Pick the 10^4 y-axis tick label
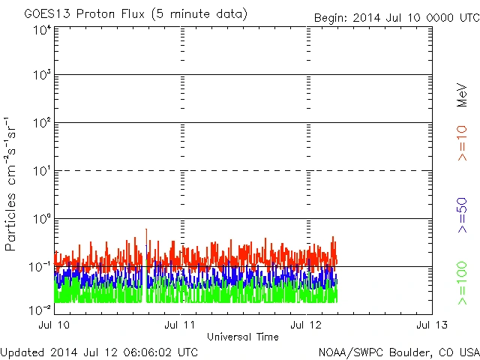pos(41,29)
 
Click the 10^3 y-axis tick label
pos(41,75)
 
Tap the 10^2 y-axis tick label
pos(41,123)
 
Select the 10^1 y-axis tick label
pos(41,171)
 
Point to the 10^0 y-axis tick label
pos(41,219)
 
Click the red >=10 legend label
pos(462,142)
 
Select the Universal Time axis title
pos(242,337)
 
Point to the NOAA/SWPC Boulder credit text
pos(398,352)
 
